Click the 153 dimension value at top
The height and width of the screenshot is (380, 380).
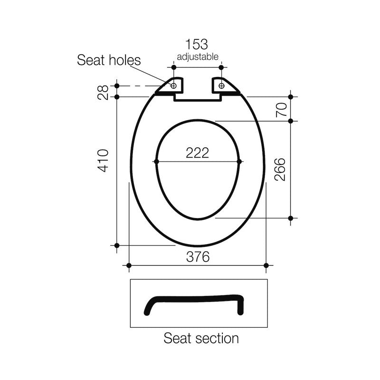point(197,45)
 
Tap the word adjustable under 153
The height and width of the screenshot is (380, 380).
point(198,57)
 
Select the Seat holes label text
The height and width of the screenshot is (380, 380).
point(109,60)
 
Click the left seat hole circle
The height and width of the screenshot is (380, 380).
point(173,85)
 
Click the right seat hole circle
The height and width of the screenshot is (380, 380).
point(222,85)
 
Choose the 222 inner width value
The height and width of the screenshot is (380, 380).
point(197,152)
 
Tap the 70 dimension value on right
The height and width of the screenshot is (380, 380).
point(281,109)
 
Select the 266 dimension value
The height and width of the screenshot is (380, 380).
point(280,169)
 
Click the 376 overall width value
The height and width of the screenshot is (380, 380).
point(197,257)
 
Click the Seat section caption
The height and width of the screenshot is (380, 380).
point(201,338)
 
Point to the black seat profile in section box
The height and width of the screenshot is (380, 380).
point(195,300)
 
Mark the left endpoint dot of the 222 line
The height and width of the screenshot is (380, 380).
point(156,161)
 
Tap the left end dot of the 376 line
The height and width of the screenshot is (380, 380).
point(129,265)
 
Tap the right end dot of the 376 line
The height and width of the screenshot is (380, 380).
point(266,265)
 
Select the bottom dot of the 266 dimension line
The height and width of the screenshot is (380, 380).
point(291,218)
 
